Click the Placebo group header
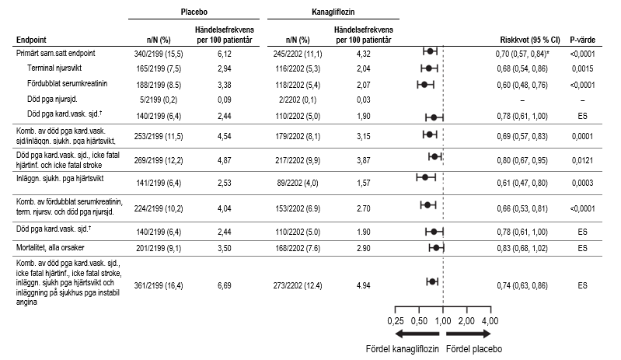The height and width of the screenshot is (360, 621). click(x=194, y=12)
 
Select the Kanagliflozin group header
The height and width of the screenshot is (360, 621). click(x=333, y=12)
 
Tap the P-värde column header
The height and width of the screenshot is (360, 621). click(x=583, y=40)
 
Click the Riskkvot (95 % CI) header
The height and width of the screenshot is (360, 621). click(x=530, y=40)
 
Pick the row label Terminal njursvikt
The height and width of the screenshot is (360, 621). click(x=54, y=68)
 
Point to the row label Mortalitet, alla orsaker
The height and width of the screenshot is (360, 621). click(x=51, y=248)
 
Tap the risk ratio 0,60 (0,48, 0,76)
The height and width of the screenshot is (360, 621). click(x=522, y=85)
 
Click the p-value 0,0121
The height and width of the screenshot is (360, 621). click(x=583, y=160)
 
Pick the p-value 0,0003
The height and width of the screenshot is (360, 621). click(x=583, y=183)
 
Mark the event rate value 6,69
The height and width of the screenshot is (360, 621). click(x=225, y=285)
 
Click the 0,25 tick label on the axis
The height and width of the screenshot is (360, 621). click(x=396, y=321)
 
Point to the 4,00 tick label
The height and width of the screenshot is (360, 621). click(x=490, y=321)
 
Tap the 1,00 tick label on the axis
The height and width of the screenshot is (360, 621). click(x=443, y=321)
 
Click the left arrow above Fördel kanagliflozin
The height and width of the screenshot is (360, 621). click(x=417, y=334)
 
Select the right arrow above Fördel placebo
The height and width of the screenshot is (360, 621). click(x=469, y=334)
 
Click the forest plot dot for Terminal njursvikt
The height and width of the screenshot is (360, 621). click(x=428, y=68)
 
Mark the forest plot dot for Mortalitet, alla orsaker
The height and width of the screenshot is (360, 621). click(x=436, y=248)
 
